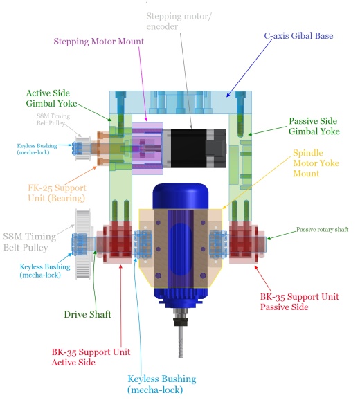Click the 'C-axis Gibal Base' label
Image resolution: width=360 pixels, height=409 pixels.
point(298,36)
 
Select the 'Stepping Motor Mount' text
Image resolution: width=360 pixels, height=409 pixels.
point(98,42)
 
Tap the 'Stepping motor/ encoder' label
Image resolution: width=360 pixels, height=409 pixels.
point(179,21)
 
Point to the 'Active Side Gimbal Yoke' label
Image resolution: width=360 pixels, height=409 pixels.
point(51,98)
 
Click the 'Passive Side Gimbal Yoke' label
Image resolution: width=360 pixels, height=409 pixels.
point(314,126)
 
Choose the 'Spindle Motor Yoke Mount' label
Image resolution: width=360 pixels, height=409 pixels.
point(316,163)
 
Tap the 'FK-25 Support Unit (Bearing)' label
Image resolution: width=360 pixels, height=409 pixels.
point(57,193)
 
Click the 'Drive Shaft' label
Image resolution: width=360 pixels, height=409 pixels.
point(88,314)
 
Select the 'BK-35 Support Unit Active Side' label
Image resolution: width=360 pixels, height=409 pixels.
point(91,357)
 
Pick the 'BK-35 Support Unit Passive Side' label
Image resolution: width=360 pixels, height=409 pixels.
point(300,302)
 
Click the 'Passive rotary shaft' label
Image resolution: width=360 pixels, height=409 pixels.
point(322,230)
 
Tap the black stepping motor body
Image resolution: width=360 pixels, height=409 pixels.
point(198,148)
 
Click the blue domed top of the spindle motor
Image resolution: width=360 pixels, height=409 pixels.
point(181,196)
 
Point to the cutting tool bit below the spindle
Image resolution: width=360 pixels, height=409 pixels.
point(181,343)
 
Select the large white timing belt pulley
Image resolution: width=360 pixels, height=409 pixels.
point(83,244)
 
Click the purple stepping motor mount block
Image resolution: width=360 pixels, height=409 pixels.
point(147,148)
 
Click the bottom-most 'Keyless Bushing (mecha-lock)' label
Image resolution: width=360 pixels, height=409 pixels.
point(162,384)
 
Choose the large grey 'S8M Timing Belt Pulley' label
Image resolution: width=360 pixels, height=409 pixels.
point(30,242)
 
